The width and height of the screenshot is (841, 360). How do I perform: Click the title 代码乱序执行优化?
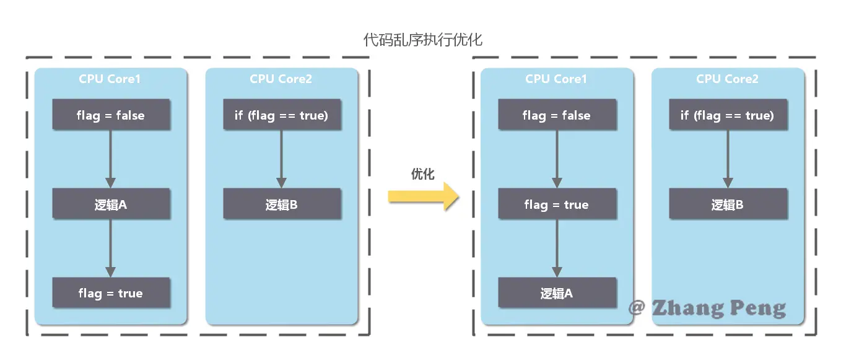[422, 40]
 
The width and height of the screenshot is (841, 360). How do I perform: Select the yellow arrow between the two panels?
[424, 196]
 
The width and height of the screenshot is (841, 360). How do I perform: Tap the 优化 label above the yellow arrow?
[423, 174]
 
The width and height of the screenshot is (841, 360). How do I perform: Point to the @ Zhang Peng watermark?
[707, 307]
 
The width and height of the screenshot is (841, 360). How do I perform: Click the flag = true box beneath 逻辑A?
[111, 293]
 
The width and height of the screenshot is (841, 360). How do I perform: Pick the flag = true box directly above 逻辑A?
[556, 204]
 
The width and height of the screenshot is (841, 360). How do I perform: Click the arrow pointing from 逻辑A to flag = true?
[111, 248]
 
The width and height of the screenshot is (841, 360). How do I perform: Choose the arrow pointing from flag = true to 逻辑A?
[557, 248]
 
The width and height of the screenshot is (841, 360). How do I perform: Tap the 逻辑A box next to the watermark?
[557, 293]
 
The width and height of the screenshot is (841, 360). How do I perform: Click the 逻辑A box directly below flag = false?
[111, 204]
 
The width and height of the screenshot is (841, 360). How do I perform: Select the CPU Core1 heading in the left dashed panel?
[110, 79]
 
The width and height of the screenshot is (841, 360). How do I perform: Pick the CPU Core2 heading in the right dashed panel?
[727, 79]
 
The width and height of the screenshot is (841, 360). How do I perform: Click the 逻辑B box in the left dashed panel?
[282, 204]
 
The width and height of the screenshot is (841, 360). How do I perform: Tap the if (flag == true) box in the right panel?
[728, 115]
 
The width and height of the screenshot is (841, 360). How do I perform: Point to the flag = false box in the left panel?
[111, 115]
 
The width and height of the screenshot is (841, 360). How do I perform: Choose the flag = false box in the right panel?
[557, 115]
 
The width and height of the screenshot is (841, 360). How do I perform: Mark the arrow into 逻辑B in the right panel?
[728, 159]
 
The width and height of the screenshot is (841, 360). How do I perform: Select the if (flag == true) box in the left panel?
[282, 115]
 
